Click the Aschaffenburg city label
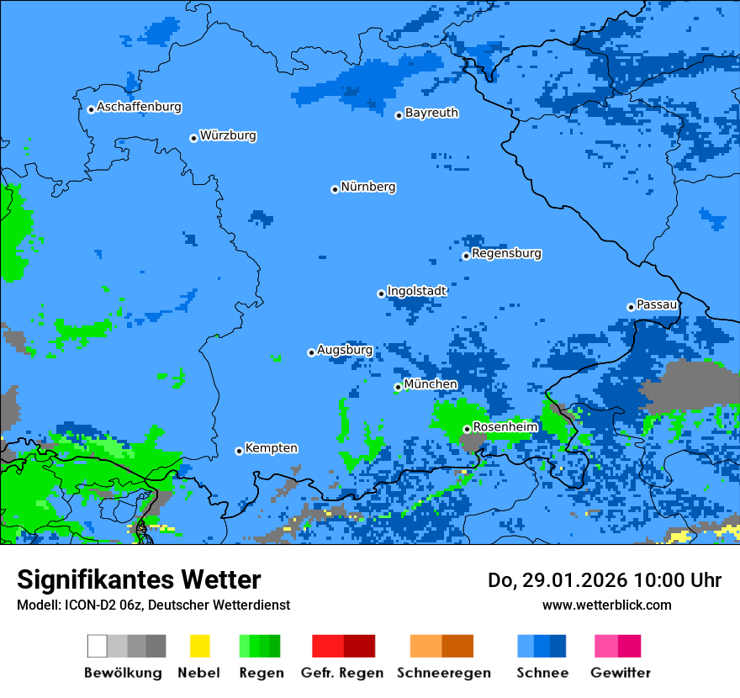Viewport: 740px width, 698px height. pos(139,108)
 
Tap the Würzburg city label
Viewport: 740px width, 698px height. pos(228,136)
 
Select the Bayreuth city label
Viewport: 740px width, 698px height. pos(431,113)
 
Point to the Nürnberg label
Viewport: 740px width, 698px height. pos(368,188)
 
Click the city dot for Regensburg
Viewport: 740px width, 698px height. pos(466,256)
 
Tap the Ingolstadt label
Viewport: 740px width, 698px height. pos(416,291)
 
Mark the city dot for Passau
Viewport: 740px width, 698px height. pos(631,307)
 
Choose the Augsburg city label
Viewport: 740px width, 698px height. pos(345,351)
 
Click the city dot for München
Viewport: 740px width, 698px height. pos(398,387)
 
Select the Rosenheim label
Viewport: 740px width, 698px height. pos(505,427)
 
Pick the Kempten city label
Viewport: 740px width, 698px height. pos(271,448)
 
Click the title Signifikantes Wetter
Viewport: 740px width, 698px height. pos(139,579)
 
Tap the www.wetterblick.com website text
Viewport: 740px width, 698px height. pos(606,605)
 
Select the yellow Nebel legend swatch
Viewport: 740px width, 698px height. pos(199,646)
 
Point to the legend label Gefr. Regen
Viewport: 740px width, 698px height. pos(341,673)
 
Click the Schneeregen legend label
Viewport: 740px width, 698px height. pos(443,673)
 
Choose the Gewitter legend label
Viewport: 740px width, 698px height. pos(620,673)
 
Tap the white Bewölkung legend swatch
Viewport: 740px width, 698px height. pos(98,646)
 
